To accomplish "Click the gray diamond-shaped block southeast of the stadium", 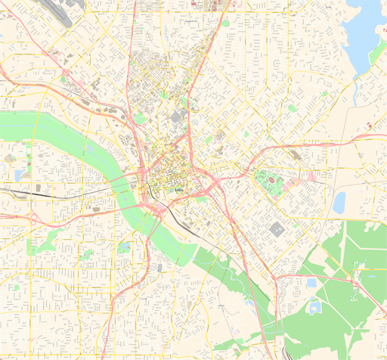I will pos(277,229).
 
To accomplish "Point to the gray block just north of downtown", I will pos(179,116).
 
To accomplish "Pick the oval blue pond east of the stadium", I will pos(339,202).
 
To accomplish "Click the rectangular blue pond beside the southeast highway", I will pos(311,283).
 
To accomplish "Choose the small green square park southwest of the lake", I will pos(292,108).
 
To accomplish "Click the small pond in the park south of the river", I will pos(123,247).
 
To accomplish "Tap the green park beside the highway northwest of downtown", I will pos(139,118).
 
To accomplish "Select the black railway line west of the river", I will pos(45,194).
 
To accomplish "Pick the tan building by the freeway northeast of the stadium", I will pos(296,154).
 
